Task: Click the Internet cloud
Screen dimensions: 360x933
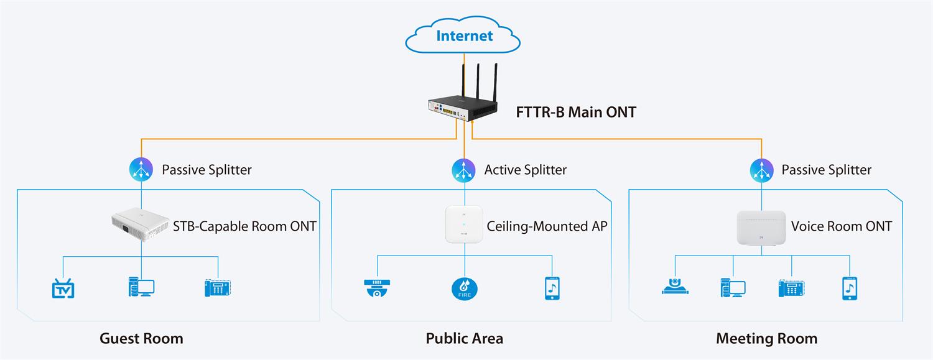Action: [x=464, y=37]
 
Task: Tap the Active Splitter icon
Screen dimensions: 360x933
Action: [x=465, y=169]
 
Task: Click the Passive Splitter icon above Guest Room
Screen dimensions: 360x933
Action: [x=141, y=169]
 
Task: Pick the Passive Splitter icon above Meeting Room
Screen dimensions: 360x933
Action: [x=761, y=169]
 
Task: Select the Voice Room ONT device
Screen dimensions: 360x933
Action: [x=761, y=228]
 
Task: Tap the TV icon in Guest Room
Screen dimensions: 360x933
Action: [x=63, y=288]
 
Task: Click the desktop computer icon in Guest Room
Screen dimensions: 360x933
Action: [x=141, y=287]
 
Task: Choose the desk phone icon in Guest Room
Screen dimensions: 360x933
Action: [x=218, y=287]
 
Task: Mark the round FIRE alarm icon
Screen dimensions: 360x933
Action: [x=464, y=288]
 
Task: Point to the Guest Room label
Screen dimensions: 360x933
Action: [x=141, y=338]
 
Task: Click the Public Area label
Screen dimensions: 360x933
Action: [x=464, y=338]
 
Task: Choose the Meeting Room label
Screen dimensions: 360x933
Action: [x=766, y=338]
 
